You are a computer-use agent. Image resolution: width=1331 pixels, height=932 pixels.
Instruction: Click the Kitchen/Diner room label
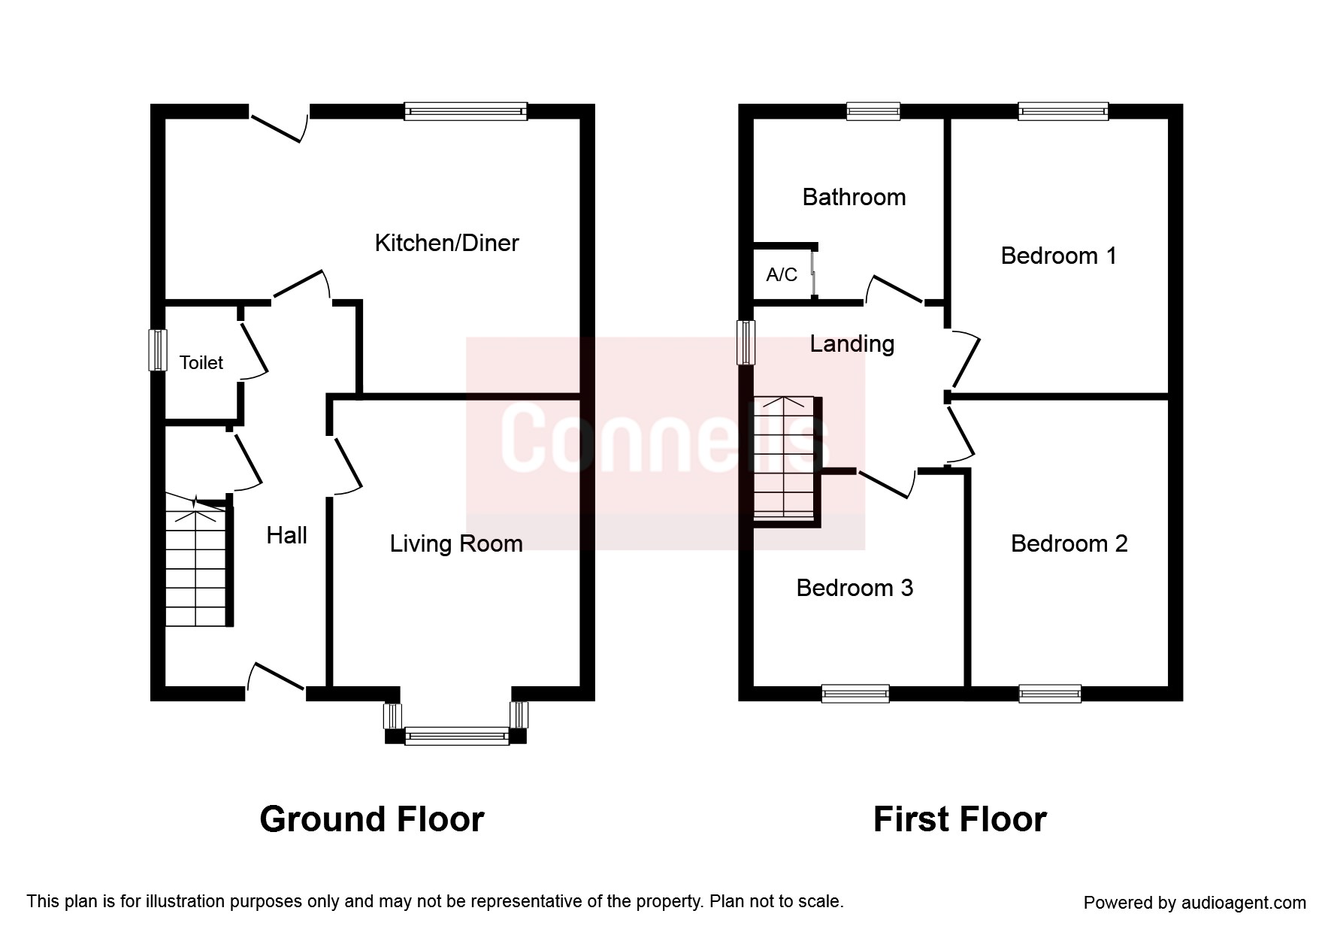(446, 243)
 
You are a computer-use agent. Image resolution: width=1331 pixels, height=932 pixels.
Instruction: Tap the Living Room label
(456, 544)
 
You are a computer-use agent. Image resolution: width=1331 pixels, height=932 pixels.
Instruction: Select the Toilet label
(201, 362)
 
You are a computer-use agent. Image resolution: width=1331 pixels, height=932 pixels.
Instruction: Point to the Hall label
(287, 535)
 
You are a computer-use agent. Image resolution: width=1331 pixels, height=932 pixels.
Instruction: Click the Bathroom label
(854, 197)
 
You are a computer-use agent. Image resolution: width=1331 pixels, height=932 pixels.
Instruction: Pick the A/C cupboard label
(782, 274)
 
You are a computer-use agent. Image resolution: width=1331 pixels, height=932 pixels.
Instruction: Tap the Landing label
(852, 344)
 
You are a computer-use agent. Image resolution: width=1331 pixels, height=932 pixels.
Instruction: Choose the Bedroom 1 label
(1058, 256)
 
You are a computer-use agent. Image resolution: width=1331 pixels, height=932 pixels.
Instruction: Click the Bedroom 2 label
(1069, 543)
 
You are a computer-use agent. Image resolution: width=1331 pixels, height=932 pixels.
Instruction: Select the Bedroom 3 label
(855, 587)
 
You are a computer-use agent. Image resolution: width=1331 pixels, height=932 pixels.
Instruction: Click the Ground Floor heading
(372, 819)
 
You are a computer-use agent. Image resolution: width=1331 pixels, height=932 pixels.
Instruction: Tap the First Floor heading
(960, 819)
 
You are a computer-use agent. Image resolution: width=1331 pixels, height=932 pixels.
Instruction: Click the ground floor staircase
(195, 561)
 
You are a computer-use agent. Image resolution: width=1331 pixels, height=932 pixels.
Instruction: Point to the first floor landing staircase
(785, 458)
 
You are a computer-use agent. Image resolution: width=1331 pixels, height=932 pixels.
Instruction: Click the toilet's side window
(157, 350)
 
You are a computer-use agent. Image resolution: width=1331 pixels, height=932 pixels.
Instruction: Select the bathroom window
(873, 111)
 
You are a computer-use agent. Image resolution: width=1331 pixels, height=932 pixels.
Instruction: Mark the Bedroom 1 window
(1063, 111)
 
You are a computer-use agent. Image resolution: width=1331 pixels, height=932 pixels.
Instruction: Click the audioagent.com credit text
(1195, 903)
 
